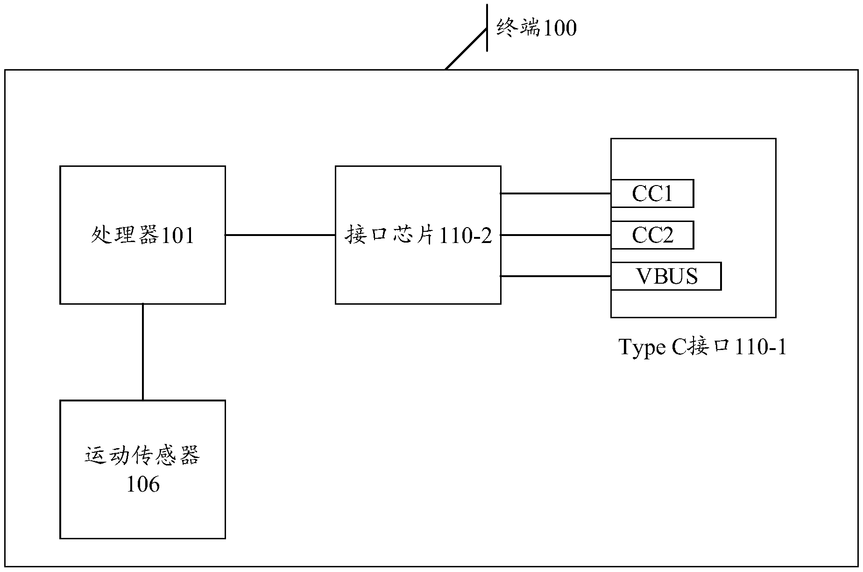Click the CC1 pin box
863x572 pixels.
652,193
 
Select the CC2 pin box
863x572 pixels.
652,235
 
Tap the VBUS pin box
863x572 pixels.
666,276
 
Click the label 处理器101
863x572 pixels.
142,235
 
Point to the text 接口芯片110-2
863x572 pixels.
418,235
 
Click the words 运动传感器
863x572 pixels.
142,456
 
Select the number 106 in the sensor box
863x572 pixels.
143,484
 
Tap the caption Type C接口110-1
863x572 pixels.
702,347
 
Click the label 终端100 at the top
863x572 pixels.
536,28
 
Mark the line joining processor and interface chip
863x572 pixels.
280,235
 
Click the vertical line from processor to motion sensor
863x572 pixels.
142,352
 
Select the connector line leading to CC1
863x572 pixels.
556,193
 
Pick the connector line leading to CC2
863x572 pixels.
556,235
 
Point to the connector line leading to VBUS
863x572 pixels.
556,276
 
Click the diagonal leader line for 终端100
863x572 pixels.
466,49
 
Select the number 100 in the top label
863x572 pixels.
558,29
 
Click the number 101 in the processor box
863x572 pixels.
177,236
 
